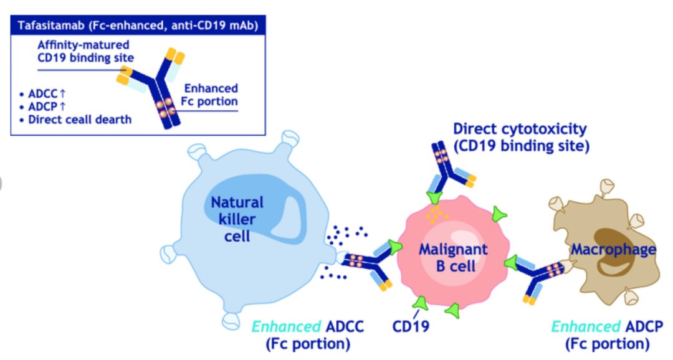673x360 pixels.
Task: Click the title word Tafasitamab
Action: coord(51,26)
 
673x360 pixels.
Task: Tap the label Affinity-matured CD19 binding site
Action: coord(85,51)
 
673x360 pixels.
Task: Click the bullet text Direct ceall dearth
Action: coord(75,120)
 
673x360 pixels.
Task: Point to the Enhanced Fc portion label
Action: coord(209,95)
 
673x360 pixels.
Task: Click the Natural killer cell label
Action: coord(237,219)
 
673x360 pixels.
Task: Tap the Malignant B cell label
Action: coord(454,257)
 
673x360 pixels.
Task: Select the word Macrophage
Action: coord(613,249)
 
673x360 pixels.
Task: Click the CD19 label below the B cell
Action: coord(410,326)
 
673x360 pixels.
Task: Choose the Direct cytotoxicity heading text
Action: coord(520,129)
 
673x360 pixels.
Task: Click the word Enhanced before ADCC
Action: coord(286,326)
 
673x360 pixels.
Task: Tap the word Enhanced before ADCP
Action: coord(585,326)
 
